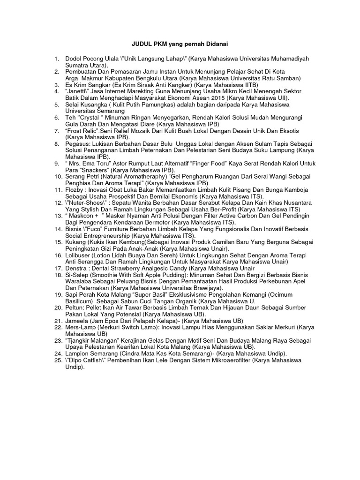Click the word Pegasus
(78, 143)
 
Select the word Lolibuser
(80, 255)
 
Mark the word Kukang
(77, 242)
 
